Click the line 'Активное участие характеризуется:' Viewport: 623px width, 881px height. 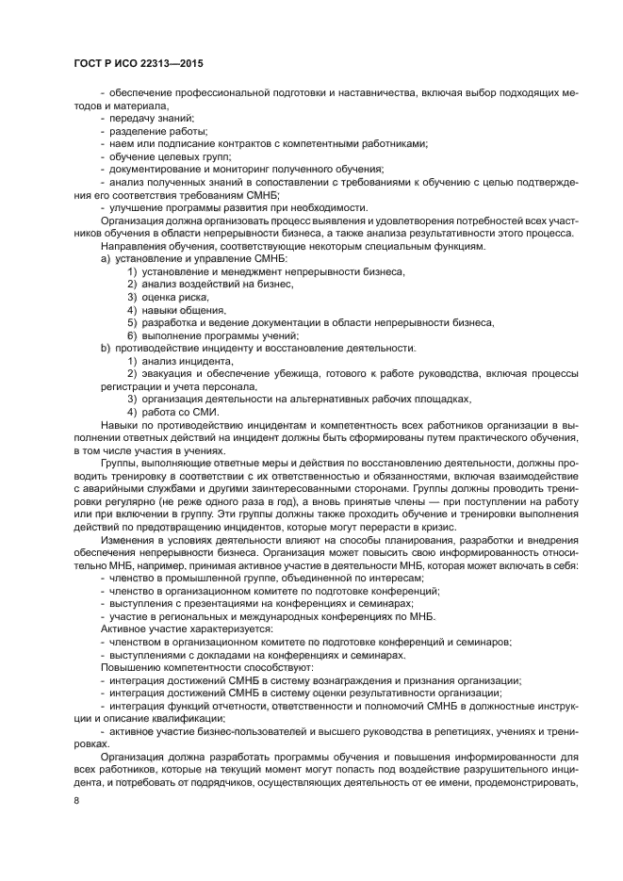(172, 628)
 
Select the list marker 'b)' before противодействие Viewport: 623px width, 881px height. (106, 349)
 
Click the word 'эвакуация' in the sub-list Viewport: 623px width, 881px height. (167, 374)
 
